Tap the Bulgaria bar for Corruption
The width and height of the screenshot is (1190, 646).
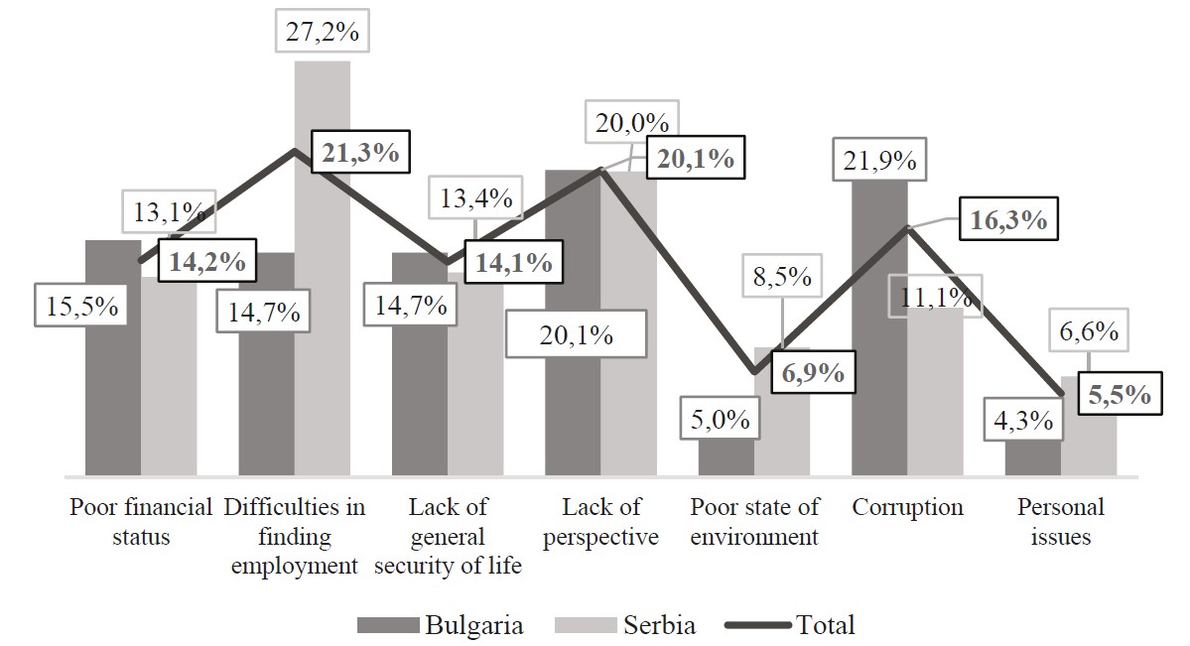tap(879, 327)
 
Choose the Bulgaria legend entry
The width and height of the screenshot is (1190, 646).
tap(441, 624)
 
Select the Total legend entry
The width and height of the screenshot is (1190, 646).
tap(790, 624)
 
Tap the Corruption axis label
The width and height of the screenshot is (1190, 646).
tap(907, 507)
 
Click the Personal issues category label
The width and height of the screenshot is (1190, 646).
tap(1061, 522)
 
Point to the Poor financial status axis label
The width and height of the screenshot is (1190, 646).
tap(141, 522)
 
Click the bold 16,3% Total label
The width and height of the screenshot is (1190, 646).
tap(1009, 219)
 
